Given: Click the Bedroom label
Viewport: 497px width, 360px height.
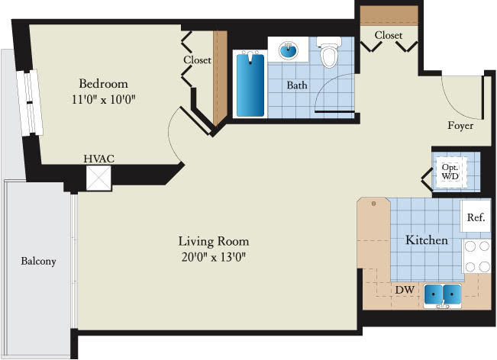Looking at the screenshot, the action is coord(103,84).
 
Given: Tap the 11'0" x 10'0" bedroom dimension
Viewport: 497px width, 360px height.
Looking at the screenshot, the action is coord(104,99).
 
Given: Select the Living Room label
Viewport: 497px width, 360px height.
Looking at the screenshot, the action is coord(214,242).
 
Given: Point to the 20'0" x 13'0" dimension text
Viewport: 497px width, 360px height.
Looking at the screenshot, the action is coord(214,257).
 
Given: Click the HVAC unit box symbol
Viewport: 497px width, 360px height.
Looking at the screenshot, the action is coord(98,178).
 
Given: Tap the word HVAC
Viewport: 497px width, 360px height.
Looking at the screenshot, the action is coord(99,159).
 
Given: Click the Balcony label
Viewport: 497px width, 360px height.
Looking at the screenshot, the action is coord(38,261).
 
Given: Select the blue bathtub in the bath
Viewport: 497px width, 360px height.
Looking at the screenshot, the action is coord(250,85).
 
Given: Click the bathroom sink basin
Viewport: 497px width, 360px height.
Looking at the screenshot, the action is coord(289,50).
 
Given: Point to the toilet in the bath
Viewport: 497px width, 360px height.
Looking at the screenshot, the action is coord(329,52).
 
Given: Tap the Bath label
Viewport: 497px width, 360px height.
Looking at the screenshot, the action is coord(297,85).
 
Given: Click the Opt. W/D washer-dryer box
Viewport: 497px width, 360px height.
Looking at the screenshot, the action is coord(451,172).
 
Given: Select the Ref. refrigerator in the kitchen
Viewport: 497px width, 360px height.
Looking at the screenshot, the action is coord(476,217).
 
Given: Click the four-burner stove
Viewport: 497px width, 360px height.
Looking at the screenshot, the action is coord(477,256).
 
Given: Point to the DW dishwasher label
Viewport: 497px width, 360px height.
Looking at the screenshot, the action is coord(405,289).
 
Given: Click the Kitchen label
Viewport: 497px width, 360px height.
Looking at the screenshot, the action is coord(427,240).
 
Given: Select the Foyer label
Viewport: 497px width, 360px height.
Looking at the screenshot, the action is coord(460,125).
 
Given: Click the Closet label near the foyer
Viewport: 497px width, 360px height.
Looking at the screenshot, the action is coord(389,35).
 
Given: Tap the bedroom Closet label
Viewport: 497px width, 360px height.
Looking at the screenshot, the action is coord(197,59).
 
